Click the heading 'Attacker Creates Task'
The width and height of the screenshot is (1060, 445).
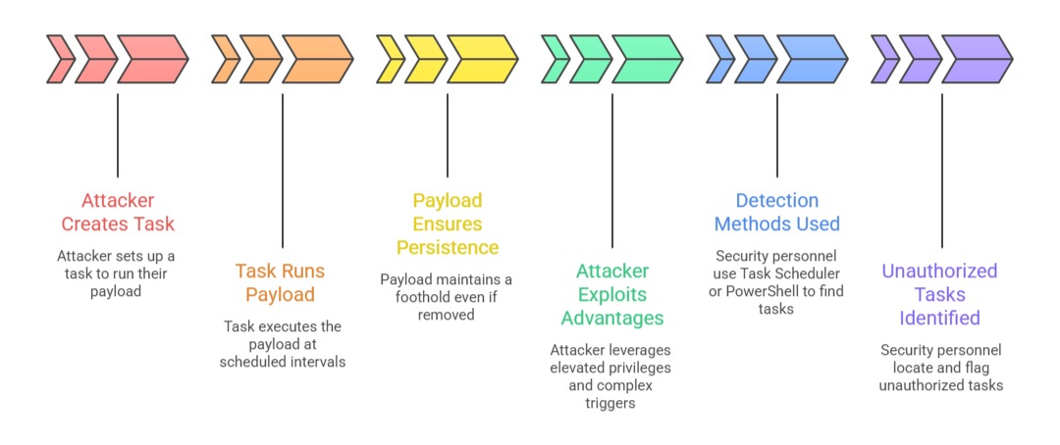(x=118, y=212)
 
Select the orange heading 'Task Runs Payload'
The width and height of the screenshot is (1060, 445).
(x=280, y=282)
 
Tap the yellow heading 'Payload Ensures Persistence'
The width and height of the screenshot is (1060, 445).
(x=448, y=223)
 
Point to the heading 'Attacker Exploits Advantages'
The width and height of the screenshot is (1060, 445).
(x=612, y=294)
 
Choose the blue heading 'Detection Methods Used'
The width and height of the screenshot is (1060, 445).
(x=777, y=212)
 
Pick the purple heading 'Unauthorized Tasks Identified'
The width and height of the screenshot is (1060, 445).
(x=939, y=294)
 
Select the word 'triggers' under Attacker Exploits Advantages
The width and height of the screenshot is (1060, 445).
(x=612, y=403)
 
